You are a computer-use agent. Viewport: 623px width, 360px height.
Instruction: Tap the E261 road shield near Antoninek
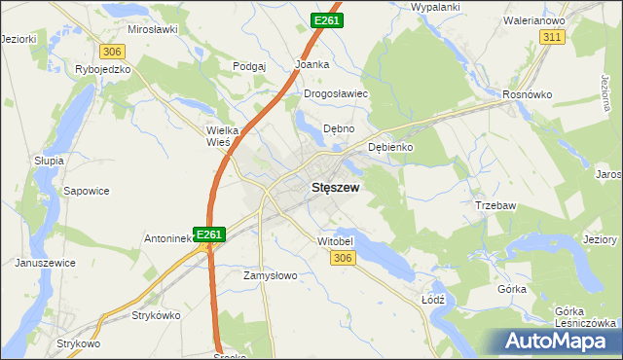click(x=210, y=234)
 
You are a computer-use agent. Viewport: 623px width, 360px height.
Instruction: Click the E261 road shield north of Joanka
click(x=326, y=19)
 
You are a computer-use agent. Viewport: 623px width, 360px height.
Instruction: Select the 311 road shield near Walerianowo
click(x=553, y=36)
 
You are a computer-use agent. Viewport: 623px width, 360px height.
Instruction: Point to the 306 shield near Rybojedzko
click(x=112, y=51)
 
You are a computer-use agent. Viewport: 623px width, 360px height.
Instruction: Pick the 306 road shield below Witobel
click(x=341, y=257)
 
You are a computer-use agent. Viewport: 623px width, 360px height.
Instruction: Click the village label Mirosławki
click(x=151, y=29)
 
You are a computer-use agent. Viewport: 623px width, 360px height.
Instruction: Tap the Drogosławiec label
click(x=334, y=94)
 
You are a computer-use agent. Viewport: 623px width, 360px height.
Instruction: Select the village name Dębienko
click(x=392, y=147)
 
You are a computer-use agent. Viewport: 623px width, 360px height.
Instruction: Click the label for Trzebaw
click(x=494, y=205)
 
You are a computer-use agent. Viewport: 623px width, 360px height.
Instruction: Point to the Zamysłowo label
click(x=269, y=275)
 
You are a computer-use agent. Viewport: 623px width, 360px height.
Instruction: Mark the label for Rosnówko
click(x=527, y=94)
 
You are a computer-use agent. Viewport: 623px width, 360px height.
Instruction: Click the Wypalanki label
click(x=435, y=7)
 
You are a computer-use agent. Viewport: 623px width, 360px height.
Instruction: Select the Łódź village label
click(x=433, y=300)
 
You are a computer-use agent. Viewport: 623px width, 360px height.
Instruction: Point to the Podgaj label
click(x=249, y=65)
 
